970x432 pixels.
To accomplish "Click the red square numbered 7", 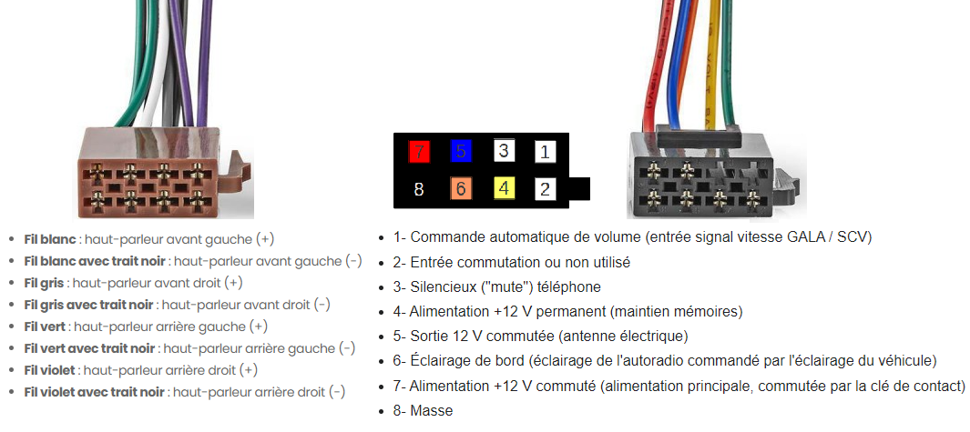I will [x=419, y=150].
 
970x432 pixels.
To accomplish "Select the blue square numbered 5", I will [x=461, y=150].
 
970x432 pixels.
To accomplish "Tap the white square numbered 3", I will [x=504, y=150].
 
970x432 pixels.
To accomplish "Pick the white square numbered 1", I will [x=545, y=151].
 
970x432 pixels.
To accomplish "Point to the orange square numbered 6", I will [x=461, y=188].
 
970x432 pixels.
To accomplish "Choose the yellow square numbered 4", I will [x=504, y=188].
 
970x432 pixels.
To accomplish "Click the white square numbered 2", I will [x=545, y=189].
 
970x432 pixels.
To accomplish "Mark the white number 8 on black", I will [x=419, y=189].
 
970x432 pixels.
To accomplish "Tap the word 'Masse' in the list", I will [x=431, y=411].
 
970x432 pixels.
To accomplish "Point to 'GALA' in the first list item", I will [x=791, y=237].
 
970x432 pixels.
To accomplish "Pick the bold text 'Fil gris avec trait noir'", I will [x=88, y=305].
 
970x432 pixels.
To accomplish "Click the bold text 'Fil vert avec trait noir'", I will [x=89, y=348].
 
